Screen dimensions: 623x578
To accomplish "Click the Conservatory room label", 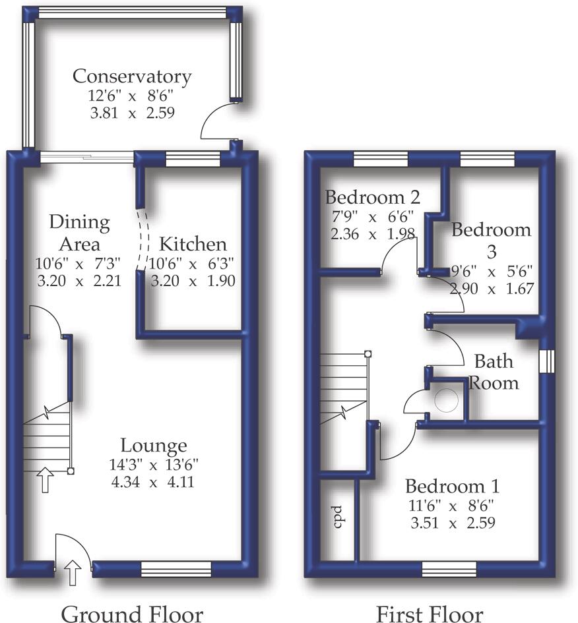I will (132, 76).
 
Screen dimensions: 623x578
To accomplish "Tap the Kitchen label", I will (193, 244).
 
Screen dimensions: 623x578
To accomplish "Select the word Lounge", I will (154, 446).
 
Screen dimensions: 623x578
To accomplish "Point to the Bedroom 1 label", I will (452, 487).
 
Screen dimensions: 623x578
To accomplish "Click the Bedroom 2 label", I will (373, 196).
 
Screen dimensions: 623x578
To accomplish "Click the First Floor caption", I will (429, 613).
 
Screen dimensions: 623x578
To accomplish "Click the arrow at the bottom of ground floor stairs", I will (45, 480).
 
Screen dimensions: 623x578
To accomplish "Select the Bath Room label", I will (494, 371).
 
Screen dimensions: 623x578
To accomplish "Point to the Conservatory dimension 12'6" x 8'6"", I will (132, 96).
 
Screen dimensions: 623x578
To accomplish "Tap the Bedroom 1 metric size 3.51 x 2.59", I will (452, 523).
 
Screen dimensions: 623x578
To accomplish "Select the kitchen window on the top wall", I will (192, 157).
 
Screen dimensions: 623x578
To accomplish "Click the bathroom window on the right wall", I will (546, 361).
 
